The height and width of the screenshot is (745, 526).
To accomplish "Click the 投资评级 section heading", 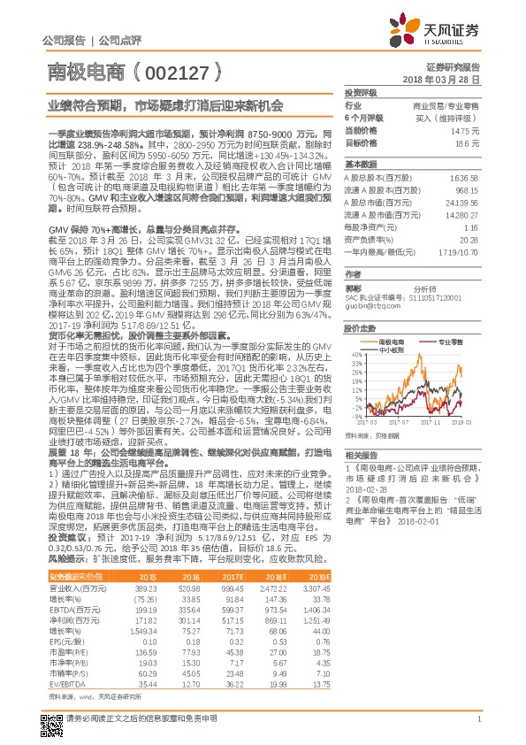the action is point(362,92).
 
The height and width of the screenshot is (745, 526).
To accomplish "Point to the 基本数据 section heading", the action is point(361,165).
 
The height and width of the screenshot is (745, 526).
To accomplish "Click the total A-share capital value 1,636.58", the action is point(464,179).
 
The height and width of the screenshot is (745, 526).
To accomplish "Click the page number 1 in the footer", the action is point(477,718).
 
